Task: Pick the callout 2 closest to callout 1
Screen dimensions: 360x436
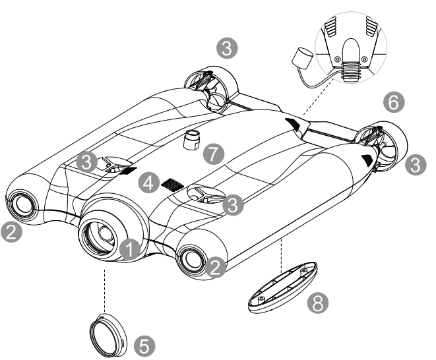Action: click(x=215, y=266)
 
